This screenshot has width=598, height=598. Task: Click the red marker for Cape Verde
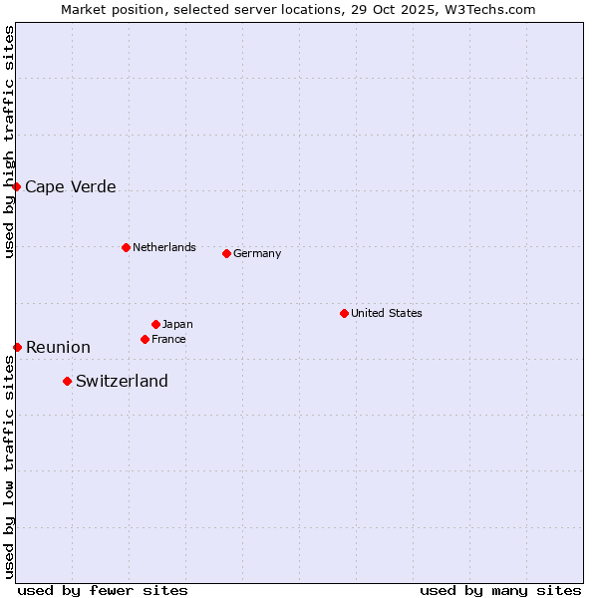pos(16,186)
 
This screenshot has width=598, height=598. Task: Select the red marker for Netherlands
pos(126,247)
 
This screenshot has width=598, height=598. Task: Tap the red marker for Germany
pos(226,253)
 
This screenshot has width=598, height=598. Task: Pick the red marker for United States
pos(344,313)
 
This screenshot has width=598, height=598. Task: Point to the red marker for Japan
pos(155,324)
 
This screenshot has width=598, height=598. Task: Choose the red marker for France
pos(145,339)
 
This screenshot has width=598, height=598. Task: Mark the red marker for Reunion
pos(17,347)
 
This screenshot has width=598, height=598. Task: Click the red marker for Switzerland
pos(67,381)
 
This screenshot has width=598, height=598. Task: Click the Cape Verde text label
pos(71,186)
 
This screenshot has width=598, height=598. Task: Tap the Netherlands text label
pos(164,247)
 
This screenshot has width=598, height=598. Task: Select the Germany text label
pos(257,253)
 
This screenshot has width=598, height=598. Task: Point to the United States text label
pos(387,313)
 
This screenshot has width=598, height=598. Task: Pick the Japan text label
pos(177,324)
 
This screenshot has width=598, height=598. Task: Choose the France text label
pos(168,339)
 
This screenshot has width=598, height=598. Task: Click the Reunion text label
pos(58,347)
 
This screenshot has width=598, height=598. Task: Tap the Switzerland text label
pos(122,381)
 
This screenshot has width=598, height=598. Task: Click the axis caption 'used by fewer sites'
pos(103,590)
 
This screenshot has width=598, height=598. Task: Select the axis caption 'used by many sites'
pos(500,590)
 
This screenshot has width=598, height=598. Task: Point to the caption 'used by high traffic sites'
pos(9,142)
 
